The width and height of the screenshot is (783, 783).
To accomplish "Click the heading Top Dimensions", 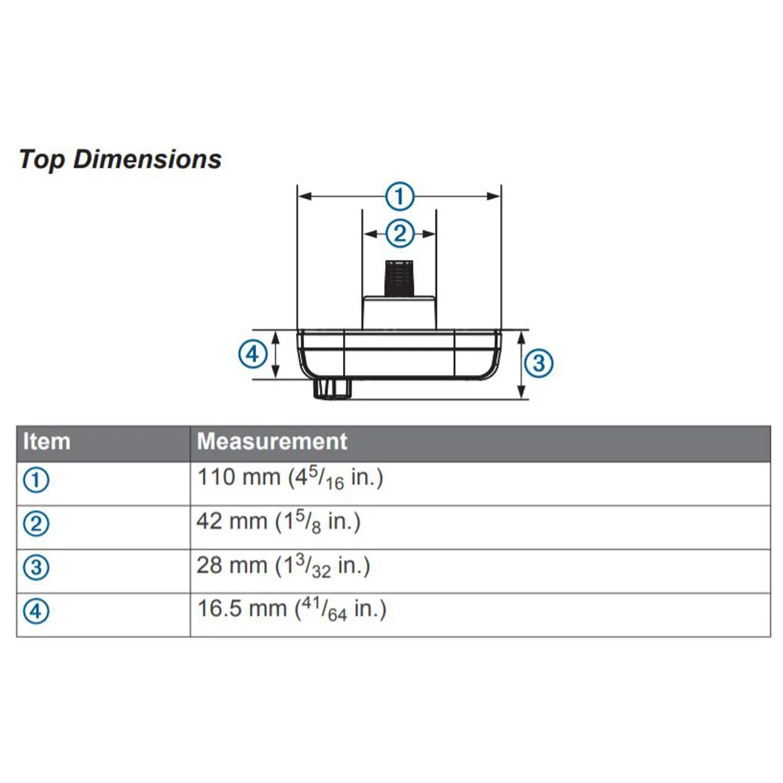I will pos(120,160).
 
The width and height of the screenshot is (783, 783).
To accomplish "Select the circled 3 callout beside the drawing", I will pos(538,363).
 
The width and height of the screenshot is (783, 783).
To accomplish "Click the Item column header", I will pos(47,442).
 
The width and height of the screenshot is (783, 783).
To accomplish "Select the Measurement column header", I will pos(272,442).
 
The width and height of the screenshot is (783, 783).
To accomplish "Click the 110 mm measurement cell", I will pos(290,478).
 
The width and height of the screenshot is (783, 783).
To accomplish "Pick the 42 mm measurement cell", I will pos(278,522).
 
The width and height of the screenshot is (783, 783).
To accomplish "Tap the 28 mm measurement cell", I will pos(283,566).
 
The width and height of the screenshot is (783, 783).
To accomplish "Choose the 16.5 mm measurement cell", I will pos(291,609).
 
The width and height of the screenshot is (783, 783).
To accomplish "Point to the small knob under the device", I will pos(332,388).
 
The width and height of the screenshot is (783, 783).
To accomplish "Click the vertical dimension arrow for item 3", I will pos(522,364).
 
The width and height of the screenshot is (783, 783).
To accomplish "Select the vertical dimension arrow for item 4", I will pos(276,355).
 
